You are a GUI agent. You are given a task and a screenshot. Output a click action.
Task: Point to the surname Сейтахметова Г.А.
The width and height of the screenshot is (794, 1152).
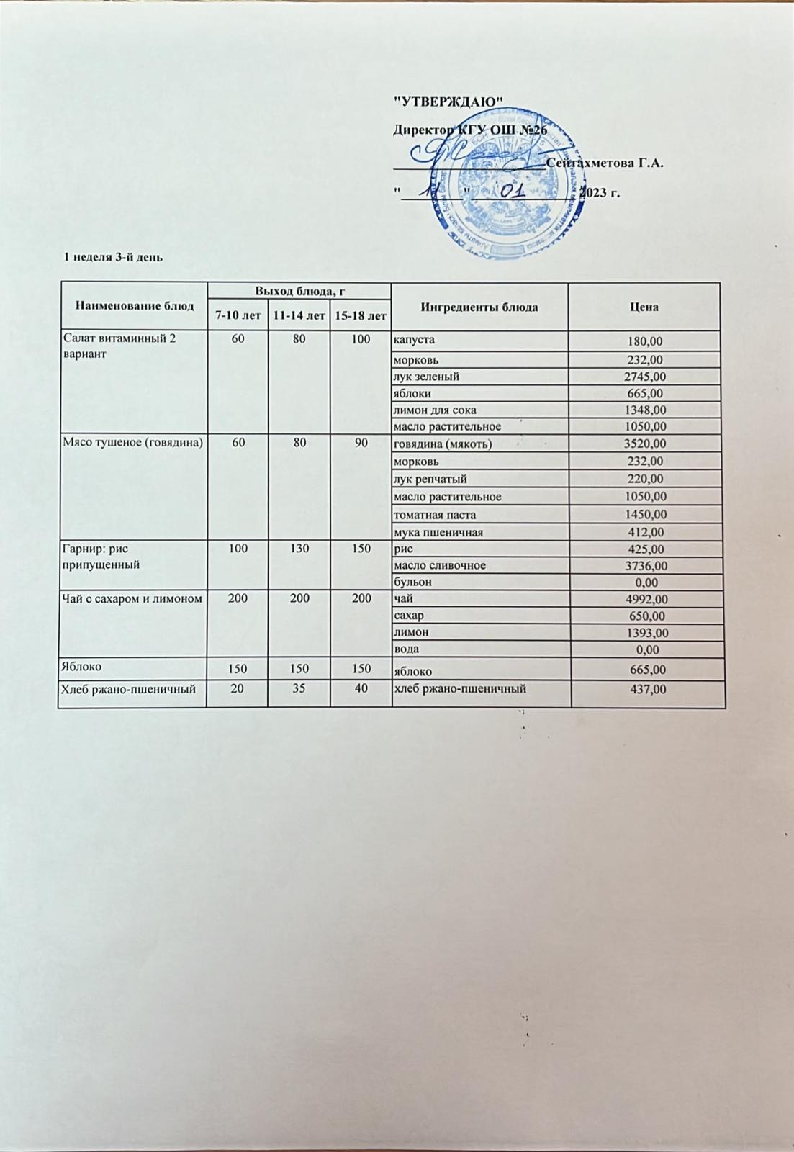pyautogui.click(x=604, y=163)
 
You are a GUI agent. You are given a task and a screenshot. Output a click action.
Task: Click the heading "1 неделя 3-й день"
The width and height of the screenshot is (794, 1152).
pyautogui.click(x=114, y=257)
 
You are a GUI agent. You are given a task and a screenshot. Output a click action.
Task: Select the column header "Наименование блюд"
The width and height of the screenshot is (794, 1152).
pyautogui.click(x=134, y=306)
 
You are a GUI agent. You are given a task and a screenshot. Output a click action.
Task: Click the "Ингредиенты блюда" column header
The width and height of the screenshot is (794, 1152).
pyautogui.click(x=479, y=307)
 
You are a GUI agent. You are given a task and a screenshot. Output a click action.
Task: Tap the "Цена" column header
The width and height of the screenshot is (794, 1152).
pyautogui.click(x=644, y=307)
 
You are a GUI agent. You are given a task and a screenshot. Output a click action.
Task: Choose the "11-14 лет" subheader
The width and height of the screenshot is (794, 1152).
pyautogui.click(x=298, y=316)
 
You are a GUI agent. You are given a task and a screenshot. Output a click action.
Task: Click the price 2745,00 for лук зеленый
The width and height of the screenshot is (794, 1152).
pyautogui.click(x=644, y=377)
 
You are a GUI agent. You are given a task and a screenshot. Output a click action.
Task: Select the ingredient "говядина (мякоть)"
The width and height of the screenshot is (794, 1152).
pyautogui.click(x=443, y=444)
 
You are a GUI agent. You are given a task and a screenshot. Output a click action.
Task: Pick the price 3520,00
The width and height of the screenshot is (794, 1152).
pyautogui.click(x=644, y=444)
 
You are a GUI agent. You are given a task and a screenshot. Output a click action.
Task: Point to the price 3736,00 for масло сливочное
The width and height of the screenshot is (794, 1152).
pyautogui.click(x=644, y=566)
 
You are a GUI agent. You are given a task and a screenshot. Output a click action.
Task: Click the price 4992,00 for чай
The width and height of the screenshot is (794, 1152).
pyautogui.click(x=646, y=599)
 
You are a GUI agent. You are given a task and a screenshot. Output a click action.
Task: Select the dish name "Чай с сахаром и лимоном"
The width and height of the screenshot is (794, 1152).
pyautogui.click(x=131, y=599)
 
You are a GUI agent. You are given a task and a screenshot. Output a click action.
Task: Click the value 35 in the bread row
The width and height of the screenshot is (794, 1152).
pyautogui.click(x=298, y=688)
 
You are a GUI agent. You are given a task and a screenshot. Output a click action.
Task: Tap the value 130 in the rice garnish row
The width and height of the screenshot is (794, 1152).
pyautogui.click(x=298, y=549)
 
